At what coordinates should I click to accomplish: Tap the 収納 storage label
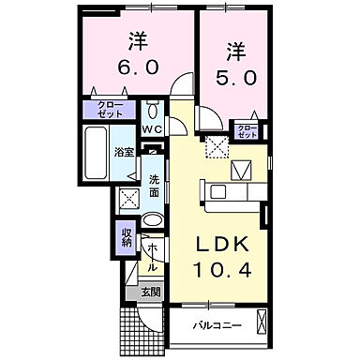(x=127, y=236)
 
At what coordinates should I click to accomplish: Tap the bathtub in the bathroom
(x=98, y=156)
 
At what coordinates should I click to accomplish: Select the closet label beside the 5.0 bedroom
(x=247, y=130)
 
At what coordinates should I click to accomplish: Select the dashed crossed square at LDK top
(x=217, y=146)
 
